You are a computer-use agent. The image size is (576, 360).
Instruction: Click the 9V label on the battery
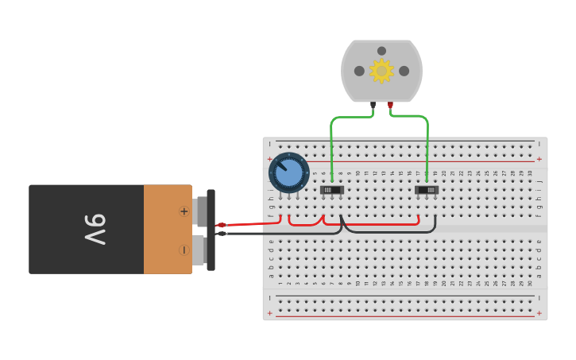[x=95, y=229]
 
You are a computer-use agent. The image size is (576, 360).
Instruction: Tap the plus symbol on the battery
[x=184, y=211]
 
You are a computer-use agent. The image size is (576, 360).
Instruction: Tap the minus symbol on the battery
[x=184, y=250]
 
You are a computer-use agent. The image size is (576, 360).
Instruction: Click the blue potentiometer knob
[x=288, y=172]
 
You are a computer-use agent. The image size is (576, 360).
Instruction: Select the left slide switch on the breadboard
[x=331, y=190]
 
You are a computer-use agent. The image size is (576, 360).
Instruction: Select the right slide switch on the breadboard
[x=427, y=190]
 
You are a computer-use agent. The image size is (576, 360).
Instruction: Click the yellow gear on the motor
[x=381, y=71]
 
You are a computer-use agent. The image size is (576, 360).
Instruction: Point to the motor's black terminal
[x=373, y=104]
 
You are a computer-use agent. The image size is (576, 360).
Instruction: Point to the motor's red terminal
[x=390, y=104]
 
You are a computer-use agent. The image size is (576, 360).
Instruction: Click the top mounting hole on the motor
[x=381, y=51]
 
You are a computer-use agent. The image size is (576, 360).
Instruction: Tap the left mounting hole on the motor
[x=359, y=71]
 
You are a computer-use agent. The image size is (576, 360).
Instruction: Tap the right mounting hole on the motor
[x=404, y=71]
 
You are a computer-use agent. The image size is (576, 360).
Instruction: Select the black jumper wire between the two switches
[x=389, y=233]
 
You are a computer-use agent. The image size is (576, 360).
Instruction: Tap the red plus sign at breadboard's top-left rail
[x=270, y=159]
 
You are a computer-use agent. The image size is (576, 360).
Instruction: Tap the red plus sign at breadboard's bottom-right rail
[x=539, y=313]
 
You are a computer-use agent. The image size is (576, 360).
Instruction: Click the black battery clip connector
[x=211, y=230]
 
